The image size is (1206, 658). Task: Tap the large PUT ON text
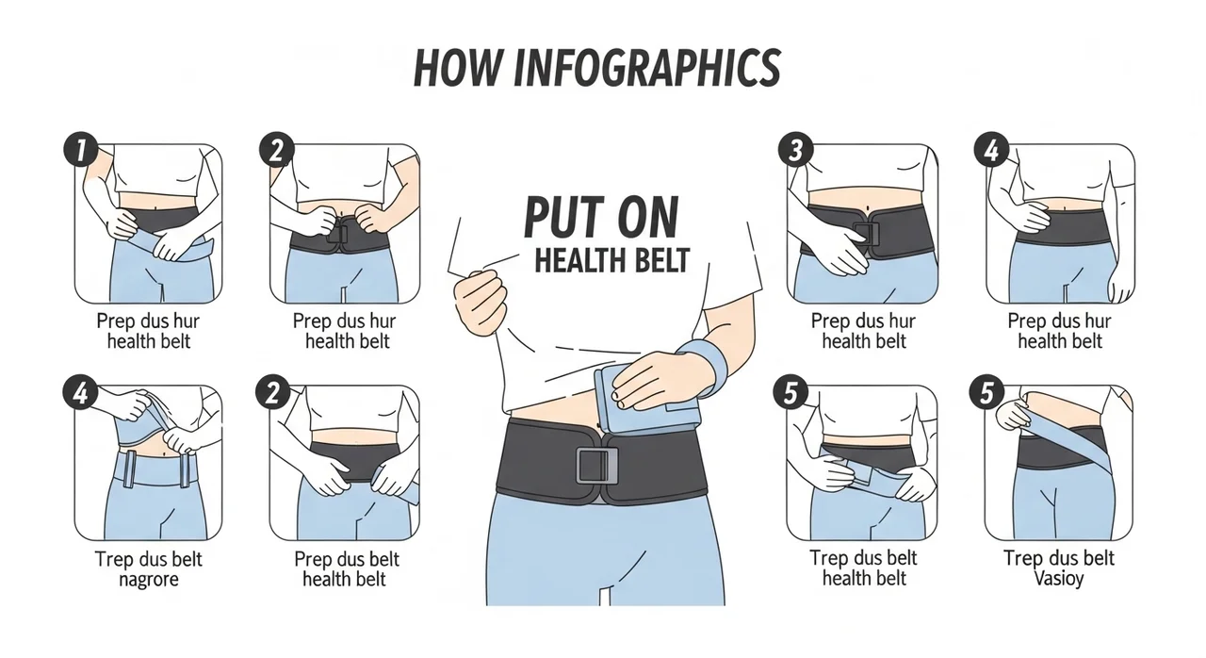click(x=601, y=217)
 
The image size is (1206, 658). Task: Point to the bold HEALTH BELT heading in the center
click(x=611, y=260)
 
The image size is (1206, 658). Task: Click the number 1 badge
click(x=81, y=150)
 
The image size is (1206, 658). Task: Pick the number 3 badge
click(x=795, y=150)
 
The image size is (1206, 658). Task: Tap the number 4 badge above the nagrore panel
click(x=80, y=392)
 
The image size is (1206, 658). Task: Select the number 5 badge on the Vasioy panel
click(x=986, y=392)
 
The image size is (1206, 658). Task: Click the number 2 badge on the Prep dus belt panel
click(x=273, y=392)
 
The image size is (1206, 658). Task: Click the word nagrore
click(x=148, y=580)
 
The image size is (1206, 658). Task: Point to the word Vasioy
click(x=1058, y=579)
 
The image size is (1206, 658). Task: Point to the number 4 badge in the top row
click(x=991, y=150)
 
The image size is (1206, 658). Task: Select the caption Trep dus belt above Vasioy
click(x=1058, y=558)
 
